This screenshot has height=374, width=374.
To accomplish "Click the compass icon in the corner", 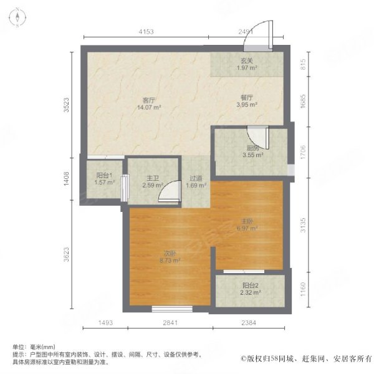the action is pos(17,17).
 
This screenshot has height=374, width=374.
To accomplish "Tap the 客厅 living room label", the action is pos(149,103).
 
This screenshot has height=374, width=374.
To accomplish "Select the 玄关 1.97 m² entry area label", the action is pos(247,64).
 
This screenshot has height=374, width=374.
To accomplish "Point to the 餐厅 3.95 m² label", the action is pos(247,101).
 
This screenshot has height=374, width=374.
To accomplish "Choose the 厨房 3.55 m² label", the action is pos(253,151).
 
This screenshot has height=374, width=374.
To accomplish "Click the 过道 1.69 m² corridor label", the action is pos(196,182).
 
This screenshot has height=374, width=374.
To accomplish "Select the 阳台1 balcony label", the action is pos(105,179).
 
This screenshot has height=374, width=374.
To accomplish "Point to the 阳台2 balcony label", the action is pos(250,289).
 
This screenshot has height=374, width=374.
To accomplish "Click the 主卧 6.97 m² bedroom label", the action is pos(247,225).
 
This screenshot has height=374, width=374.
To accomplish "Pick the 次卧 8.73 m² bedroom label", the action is pos(170,257).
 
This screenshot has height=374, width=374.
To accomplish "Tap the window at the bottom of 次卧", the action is pos(172,309).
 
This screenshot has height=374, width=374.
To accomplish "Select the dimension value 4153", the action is pos(146,32).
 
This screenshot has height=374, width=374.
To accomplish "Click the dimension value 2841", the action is pos(170,323).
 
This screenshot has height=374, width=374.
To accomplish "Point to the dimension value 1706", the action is pos(303,152).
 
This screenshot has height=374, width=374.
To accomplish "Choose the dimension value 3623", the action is pos(66,254).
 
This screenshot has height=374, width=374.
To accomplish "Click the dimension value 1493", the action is pos(105,323).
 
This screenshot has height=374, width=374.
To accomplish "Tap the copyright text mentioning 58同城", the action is pos(306,358).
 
